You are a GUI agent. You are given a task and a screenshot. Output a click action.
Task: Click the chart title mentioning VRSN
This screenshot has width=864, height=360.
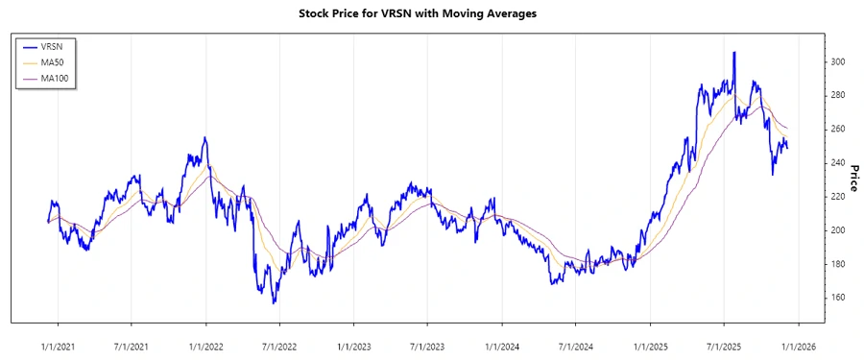tap(432, 13)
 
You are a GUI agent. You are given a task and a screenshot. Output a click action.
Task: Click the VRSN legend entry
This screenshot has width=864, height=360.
tap(65, 46)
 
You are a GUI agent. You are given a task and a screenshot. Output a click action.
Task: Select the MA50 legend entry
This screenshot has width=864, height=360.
tap(65, 62)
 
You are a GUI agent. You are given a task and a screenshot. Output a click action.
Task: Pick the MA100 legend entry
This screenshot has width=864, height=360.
tap(67, 78)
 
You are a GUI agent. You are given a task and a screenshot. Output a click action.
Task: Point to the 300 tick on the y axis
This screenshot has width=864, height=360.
tap(837, 62)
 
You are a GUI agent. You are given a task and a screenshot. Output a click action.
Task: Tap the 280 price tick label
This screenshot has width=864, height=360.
tap(837, 96)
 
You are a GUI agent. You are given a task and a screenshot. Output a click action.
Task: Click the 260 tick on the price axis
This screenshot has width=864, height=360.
tap(837, 130)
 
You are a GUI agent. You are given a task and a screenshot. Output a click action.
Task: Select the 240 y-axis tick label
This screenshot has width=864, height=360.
tap(837, 163)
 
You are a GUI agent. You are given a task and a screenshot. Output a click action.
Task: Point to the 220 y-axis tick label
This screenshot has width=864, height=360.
tap(837, 197)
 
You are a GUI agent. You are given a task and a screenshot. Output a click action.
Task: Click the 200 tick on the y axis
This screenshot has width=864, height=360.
tap(837, 230)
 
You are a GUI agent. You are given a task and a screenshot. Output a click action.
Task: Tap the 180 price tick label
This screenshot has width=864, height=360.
tap(837, 264)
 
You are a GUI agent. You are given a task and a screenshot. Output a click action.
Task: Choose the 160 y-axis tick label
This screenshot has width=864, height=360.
tap(837, 298)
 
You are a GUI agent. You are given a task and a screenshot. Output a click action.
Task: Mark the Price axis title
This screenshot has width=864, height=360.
tap(853, 178)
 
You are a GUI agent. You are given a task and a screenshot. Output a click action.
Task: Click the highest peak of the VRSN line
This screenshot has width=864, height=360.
tap(734, 53)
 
